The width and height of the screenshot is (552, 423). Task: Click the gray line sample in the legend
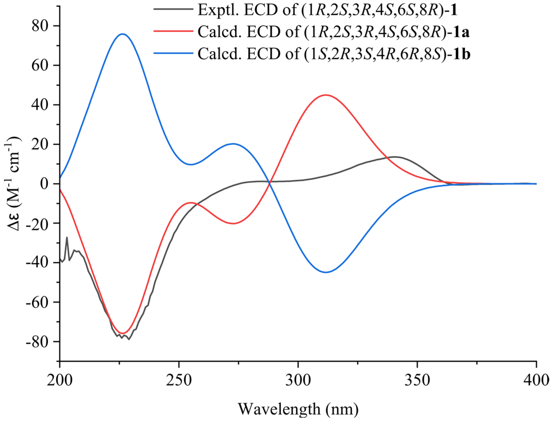[x=173, y=9]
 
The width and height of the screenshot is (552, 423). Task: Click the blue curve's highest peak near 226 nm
[x=122, y=34]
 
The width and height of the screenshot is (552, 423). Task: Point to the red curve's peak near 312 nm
[x=326, y=95]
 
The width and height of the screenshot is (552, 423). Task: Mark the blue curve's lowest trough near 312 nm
[x=326, y=273]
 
